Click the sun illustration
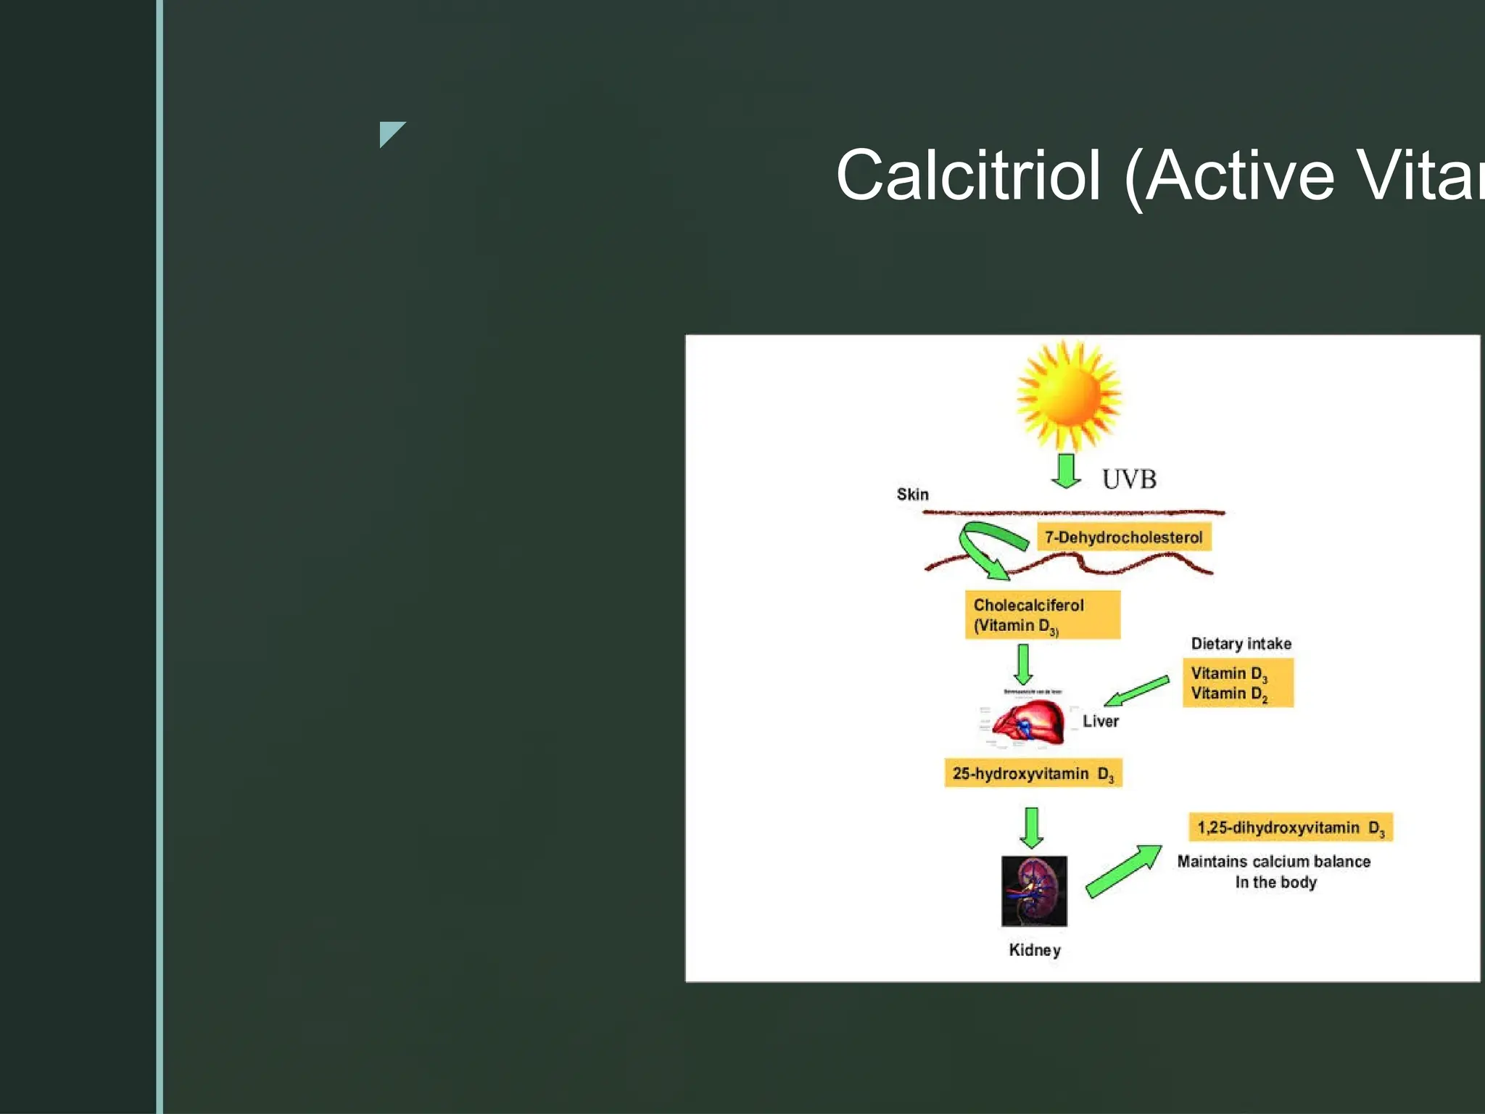coord(1068,395)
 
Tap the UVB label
coord(1129,479)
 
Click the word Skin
coord(912,495)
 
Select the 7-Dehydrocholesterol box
coord(1123,537)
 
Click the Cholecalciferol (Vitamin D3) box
coord(1042,615)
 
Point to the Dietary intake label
coord(1241,644)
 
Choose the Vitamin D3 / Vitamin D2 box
coord(1237,683)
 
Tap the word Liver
coord(1100,722)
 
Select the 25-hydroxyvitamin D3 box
coord(1033,774)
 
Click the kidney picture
coord(1034,891)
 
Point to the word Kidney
coord(1035,950)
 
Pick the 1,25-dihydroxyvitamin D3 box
coord(1290,828)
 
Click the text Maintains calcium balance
coord(1273,862)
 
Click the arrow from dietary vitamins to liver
coord(1136,691)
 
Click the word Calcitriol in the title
coord(968,176)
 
